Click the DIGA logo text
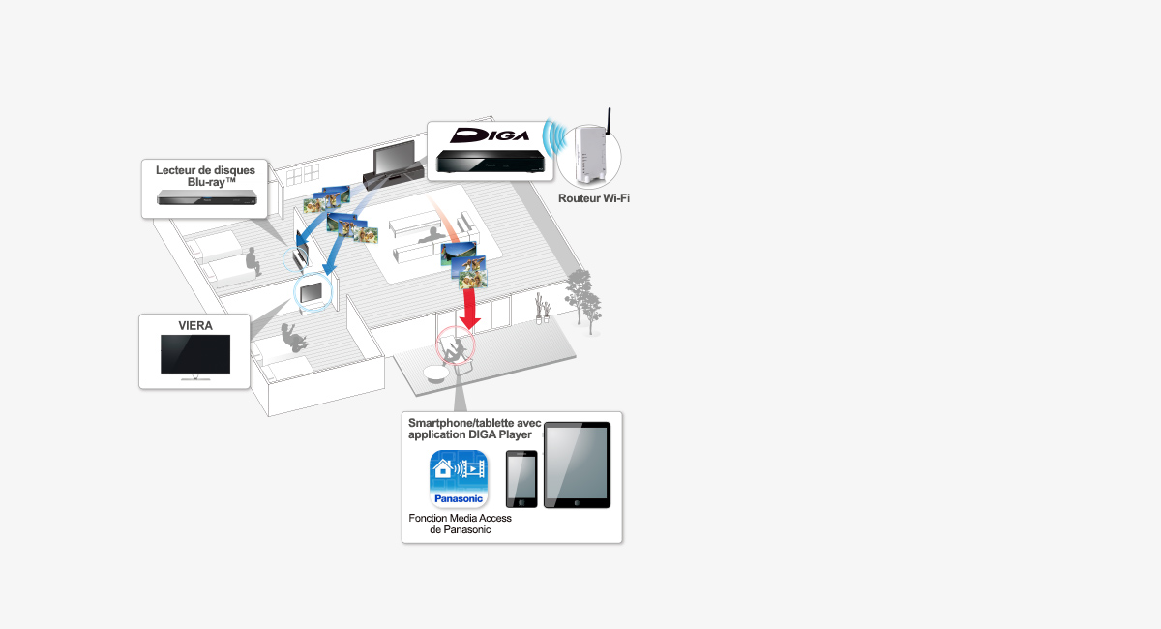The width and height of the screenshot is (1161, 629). [490, 135]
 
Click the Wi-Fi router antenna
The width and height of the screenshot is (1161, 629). [610, 121]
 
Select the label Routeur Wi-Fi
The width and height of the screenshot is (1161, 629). [594, 198]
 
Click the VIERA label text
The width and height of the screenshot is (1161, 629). [195, 325]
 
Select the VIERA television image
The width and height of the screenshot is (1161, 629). [195, 356]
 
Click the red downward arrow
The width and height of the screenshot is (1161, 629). [470, 310]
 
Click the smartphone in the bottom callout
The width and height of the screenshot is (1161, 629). [521, 479]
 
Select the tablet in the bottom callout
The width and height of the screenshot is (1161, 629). [577, 465]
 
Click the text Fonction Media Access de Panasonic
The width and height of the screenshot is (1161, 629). [460, 524]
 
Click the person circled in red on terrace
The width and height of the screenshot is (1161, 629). [459, 347]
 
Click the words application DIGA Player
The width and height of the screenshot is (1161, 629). [470, 434]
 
